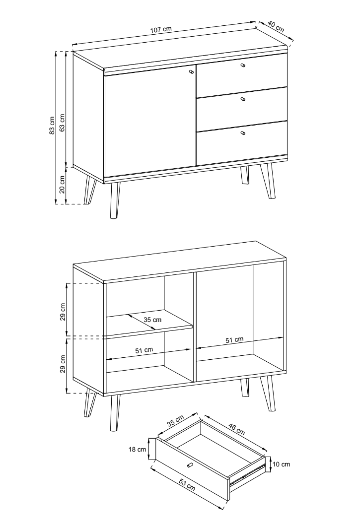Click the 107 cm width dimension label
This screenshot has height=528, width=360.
(x=160, y=29)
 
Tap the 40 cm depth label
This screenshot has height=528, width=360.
(x=276, y=27)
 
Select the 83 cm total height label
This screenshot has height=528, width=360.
(x=52, y=125)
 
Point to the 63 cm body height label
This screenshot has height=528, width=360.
(x=62, y=123)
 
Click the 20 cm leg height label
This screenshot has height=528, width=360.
(x=62, y=185)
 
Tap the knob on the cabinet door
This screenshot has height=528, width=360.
(x=192, y=72)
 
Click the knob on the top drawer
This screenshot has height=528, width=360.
(x=243, y=66)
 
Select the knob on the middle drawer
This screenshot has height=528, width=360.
(x=243, y=99)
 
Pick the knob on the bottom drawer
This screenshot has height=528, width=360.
(x=243, y=133)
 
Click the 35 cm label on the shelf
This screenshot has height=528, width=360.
(x=152, y=320)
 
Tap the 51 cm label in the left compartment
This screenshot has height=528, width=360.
(x=144, y=350)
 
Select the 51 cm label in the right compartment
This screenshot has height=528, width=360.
(x=234, y=340)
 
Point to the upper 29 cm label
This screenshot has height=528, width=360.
(x=63, y=312)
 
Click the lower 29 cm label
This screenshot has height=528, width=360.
(x=63, y=364)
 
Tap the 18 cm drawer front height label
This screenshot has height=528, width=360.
(x=137, y=449)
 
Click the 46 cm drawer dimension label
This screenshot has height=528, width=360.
(x=237, y=429)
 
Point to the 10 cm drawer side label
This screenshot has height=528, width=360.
(x=281, y=464)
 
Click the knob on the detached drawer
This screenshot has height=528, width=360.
(x=190, y=465)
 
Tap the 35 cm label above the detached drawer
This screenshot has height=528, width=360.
(x=175, y=421)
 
